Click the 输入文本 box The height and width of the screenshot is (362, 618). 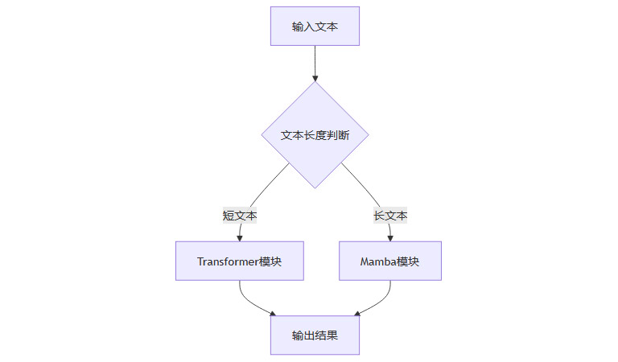coord(315,27)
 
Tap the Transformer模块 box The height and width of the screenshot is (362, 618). coord(239,261)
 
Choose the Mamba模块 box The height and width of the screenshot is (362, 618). coord(390,261)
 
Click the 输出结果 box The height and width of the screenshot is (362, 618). coord(315,335)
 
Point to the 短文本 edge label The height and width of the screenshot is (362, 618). coord(240,216)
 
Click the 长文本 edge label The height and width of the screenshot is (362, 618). coord(390,216)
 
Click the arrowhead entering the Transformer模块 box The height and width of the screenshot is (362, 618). coord(240,237)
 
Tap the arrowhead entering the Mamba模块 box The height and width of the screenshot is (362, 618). coord(390,237)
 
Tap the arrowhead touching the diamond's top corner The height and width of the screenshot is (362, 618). coord(315,78)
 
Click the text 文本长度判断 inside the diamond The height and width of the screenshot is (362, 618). coord(315,135)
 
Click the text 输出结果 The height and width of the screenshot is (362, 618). coord(315,335)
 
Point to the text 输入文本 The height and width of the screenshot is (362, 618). coord(315,27)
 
